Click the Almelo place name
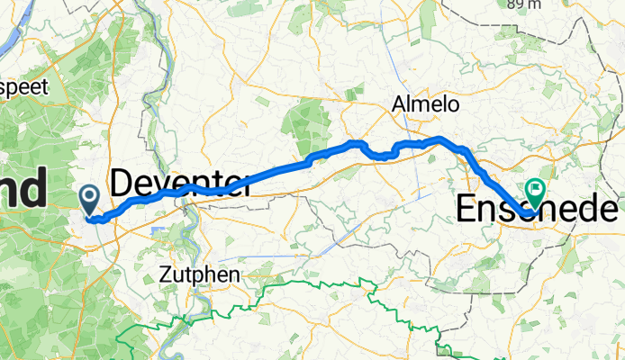425,104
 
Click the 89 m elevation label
524,4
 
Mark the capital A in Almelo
399,105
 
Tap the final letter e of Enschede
612,211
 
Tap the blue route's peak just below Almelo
439,139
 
